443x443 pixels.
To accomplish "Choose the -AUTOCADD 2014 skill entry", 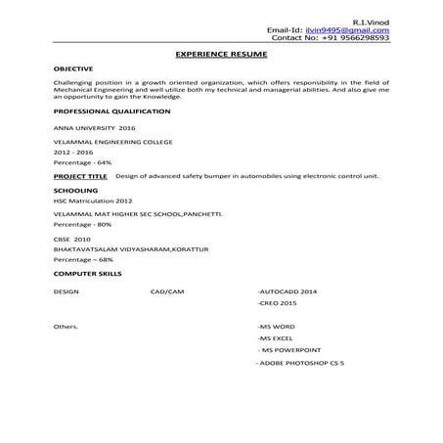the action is point(287,292).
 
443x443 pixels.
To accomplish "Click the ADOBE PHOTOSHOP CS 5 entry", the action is point(297,364).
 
